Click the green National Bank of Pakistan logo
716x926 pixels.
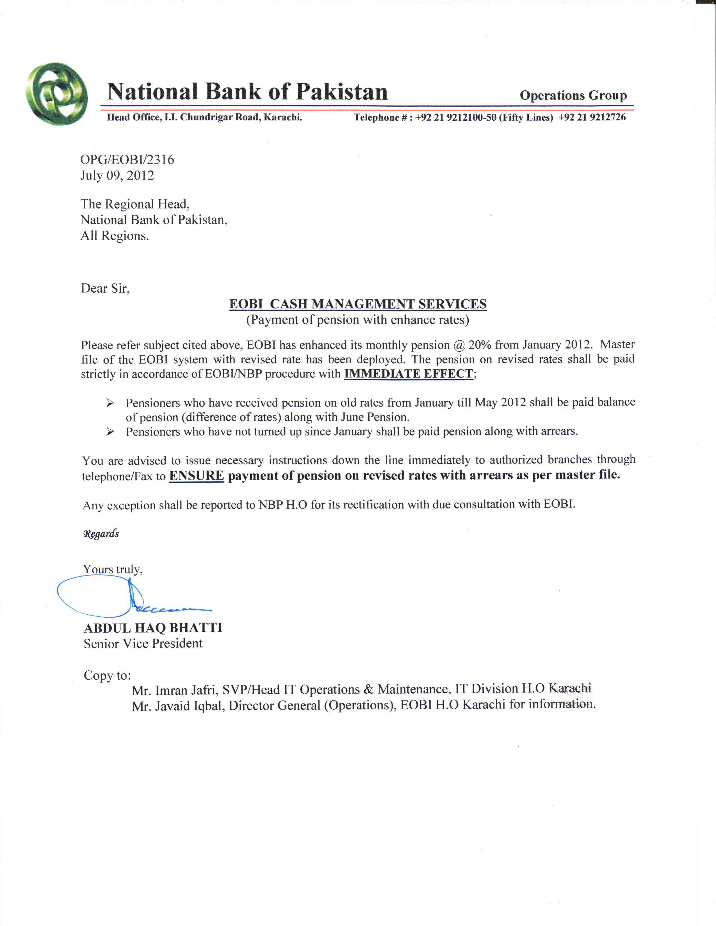click(x=56, y=94)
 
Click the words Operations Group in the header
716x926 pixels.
click(x=573, y=95)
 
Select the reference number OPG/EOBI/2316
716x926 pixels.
click(x=127, y=160)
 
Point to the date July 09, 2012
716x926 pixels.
click(x=117, y=176)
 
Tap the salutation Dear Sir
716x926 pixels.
click(x=105, y=289)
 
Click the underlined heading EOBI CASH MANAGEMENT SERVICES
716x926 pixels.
click(x=357, y=304)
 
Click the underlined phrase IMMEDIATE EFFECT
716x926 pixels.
click(x=409, y=374)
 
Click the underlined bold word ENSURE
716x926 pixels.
click(x=196, y=476)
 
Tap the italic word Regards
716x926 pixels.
click(x=101, y=533)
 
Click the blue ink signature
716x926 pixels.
click(x=127, y=598)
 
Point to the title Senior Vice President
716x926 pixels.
click(x=143, y=644)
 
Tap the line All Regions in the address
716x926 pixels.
click(x=115, y=236)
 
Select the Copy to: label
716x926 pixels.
click(x=107, y=675)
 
